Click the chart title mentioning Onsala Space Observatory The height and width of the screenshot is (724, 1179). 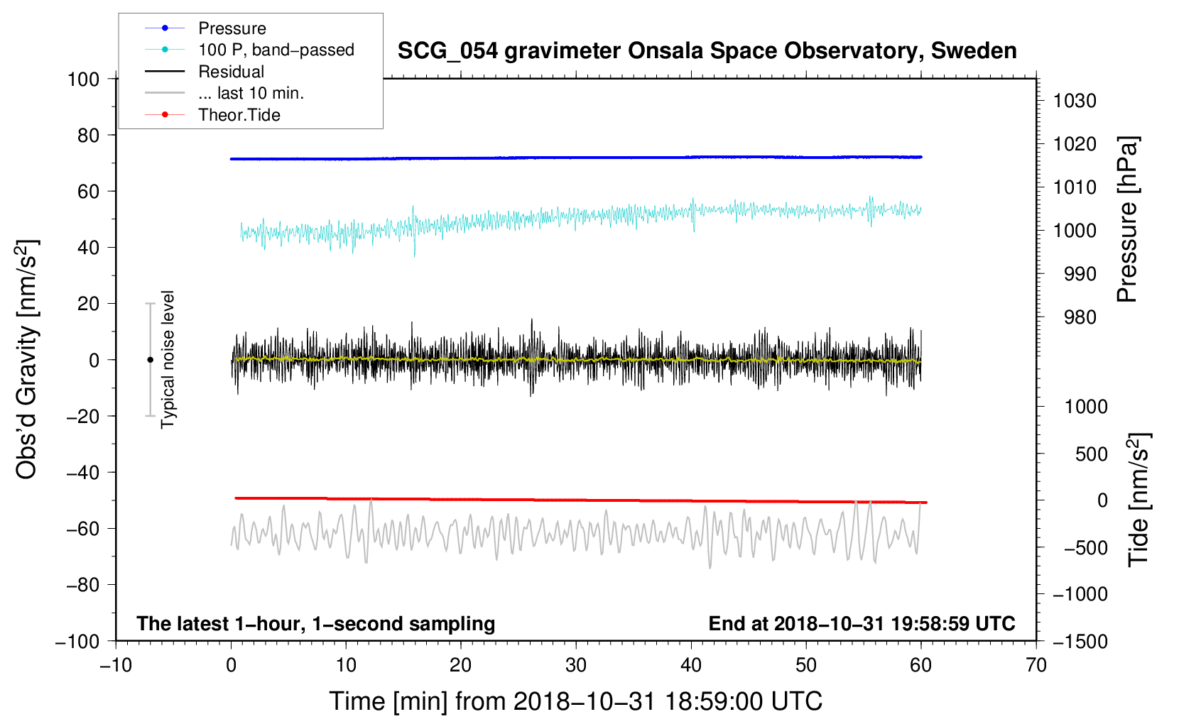(707, 51)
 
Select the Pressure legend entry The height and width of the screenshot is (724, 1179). (232, 28)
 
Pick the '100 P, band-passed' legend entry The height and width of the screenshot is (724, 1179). (276, 50)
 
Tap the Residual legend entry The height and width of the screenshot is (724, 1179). (231, 72)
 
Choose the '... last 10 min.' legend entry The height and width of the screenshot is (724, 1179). (251, 93)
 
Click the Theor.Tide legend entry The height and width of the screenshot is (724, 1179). (239, 115)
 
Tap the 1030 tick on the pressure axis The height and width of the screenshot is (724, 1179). (1075, 101)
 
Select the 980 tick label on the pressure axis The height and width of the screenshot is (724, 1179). (1080, 317)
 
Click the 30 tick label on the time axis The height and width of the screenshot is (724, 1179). (576, 666)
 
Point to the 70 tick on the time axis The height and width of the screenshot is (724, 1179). (1036, 666)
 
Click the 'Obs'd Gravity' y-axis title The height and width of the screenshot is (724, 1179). (27, 360)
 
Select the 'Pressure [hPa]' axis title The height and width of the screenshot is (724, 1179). (1127, 219)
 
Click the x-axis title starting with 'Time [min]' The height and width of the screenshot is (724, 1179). (576, 701)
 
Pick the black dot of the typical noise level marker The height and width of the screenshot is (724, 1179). (150, 360)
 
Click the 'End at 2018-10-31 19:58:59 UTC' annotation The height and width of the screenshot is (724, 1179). (862, 623)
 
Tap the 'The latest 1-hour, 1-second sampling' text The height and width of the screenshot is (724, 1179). (316, 623)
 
